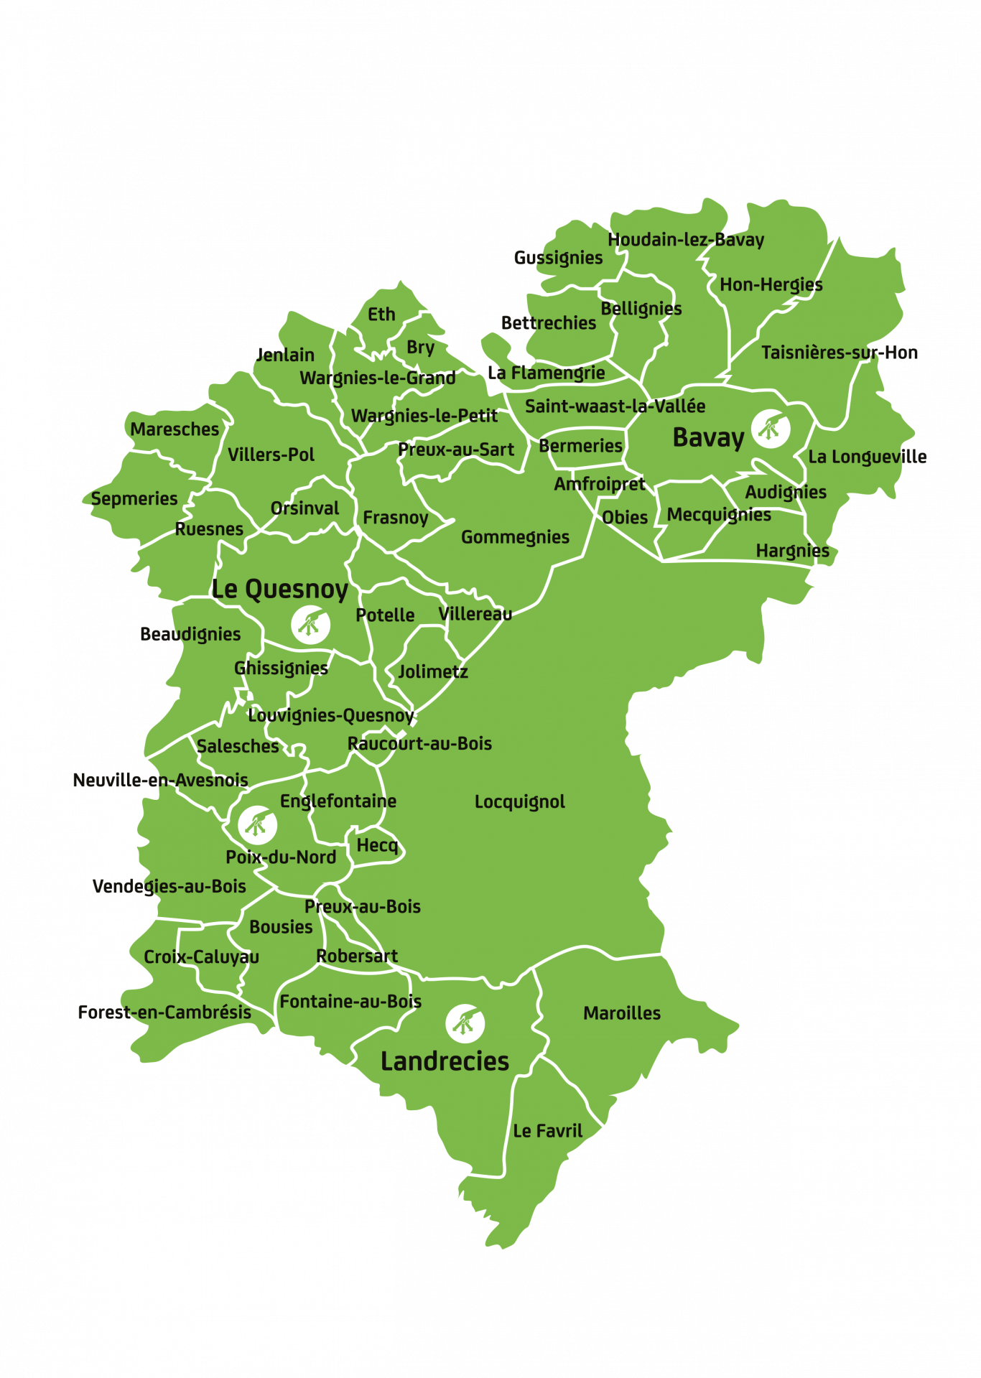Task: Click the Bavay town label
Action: (708, 437)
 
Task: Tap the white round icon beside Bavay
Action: (770, 429)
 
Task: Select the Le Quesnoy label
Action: (279, 590)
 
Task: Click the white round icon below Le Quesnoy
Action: (311, 624)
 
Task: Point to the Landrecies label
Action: (445, 1061)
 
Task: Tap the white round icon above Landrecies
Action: (465, 1023)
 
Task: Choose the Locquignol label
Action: (520, 801)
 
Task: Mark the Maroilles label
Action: (622, 1013)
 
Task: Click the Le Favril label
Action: (547, 1131)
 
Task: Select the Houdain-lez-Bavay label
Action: (686, 240)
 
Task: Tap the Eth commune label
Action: (381, 315)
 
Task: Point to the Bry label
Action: (420, 348)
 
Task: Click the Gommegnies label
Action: (515, 537)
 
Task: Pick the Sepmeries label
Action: (134, 498)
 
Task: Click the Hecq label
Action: (377, 845)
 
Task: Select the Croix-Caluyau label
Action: (201, 956)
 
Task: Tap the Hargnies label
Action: (792, 551)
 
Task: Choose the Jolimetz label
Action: (433, 671)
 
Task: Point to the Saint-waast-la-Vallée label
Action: (615, 406)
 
